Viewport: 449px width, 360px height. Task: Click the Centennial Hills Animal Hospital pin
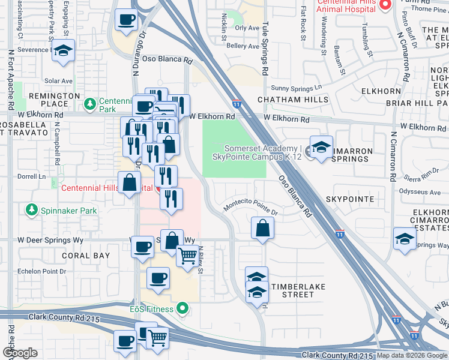[x=386, y=5]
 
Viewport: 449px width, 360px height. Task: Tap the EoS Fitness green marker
[x=183, y=310]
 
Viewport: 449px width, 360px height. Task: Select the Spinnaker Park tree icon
[x=30, y=211]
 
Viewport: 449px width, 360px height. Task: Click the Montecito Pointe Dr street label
[x=252, y=208]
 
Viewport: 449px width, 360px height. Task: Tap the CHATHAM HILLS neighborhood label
[x=293, y=100]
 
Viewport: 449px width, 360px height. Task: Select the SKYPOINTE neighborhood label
[x=350, y=199]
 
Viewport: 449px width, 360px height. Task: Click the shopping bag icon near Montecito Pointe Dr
[x=262, y=228]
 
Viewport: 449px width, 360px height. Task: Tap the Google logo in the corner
[x=20, y=353]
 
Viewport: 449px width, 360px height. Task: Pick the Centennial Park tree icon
[x=90, y=105]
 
